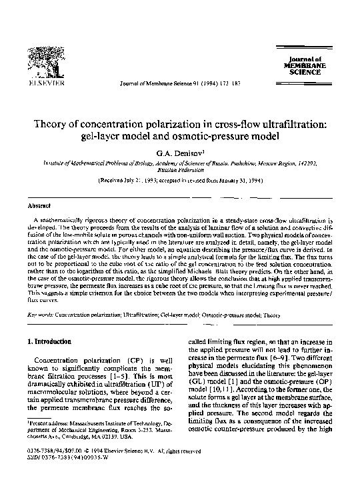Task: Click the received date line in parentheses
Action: point(179,181)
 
